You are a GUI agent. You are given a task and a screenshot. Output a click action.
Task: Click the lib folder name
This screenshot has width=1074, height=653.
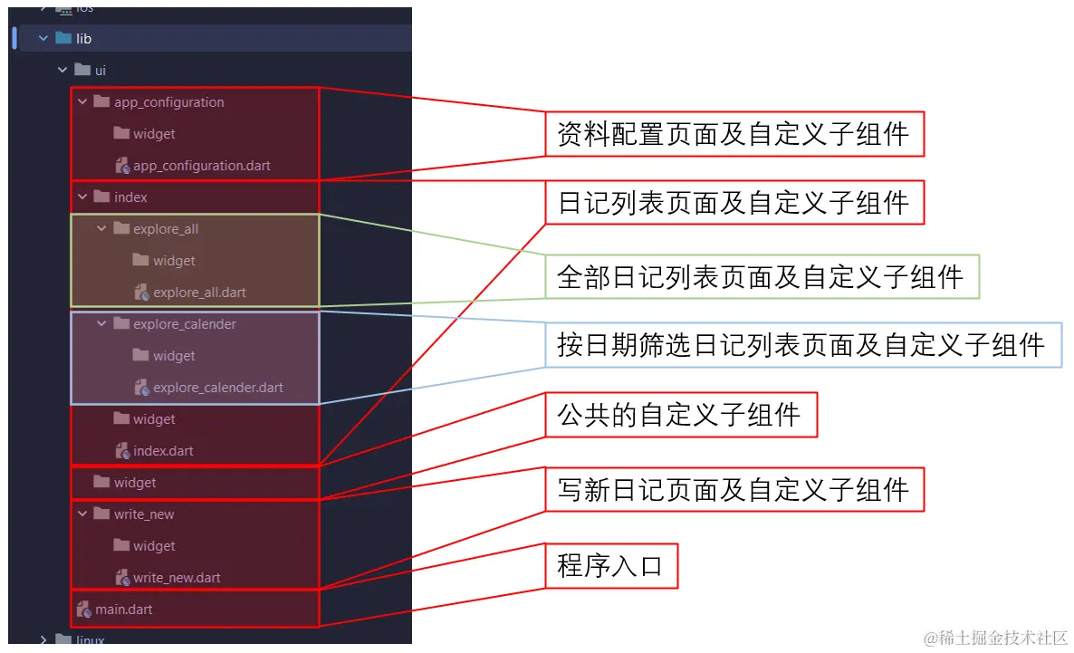click(83, 39)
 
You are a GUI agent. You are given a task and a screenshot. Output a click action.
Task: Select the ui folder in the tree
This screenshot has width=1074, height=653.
click(100, 71)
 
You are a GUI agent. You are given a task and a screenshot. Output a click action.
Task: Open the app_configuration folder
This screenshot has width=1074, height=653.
click(168, 102)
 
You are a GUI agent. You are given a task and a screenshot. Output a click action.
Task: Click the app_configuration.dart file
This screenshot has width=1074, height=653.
click(201, 166)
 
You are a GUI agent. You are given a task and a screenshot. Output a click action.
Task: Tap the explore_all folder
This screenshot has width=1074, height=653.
click(166, 229)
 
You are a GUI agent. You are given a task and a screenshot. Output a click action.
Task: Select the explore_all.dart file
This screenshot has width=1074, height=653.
click(199, 293)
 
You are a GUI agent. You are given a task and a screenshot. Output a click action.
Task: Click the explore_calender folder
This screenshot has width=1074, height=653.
click(184, 324)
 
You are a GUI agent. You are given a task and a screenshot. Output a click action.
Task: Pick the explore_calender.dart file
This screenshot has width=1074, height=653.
click(218, 388)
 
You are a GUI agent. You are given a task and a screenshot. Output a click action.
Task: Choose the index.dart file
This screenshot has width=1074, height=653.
click(163, 451)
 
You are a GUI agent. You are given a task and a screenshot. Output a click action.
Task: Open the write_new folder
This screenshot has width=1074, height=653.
click(144, 514)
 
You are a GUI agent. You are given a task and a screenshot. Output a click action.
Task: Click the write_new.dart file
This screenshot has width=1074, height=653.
click(177, 579)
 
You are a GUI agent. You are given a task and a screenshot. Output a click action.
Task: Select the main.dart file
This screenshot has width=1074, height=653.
click(123, 610)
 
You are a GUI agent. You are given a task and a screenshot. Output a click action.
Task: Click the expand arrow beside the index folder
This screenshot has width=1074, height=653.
click(82, 197)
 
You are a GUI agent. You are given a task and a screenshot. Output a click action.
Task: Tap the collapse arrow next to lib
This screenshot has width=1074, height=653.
click(43, 39)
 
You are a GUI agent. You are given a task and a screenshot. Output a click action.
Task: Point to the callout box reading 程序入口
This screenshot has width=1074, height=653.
click(611, 566)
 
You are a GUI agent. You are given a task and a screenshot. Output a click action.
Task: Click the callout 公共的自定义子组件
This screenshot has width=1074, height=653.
click(681, 415)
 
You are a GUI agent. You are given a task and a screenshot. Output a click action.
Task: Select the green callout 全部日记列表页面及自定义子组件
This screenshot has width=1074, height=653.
click(762, 277)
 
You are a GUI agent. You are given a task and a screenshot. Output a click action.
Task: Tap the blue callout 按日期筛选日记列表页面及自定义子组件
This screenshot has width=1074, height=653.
click(802, 345)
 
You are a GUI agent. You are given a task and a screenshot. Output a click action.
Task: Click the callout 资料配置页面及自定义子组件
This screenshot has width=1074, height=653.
click(734, 134)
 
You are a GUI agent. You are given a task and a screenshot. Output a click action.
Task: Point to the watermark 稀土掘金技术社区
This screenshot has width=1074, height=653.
click(997, 638)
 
